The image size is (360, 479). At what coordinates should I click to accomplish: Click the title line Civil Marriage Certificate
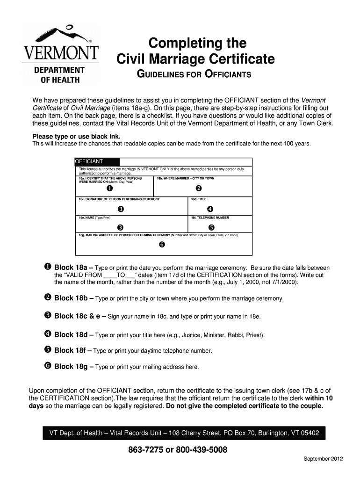(195, 59)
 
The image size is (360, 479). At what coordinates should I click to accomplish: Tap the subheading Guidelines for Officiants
(194, 75)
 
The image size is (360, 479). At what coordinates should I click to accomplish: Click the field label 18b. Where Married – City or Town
(186, 178)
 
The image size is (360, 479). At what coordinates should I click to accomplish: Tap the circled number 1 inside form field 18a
(109, 189)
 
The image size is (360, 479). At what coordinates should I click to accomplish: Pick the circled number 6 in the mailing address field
(162, 245)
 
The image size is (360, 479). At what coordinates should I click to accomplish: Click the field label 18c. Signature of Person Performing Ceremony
(119, 199)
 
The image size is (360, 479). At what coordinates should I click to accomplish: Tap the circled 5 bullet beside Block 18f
(48, 350)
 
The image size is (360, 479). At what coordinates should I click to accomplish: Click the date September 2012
(323, 459)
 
